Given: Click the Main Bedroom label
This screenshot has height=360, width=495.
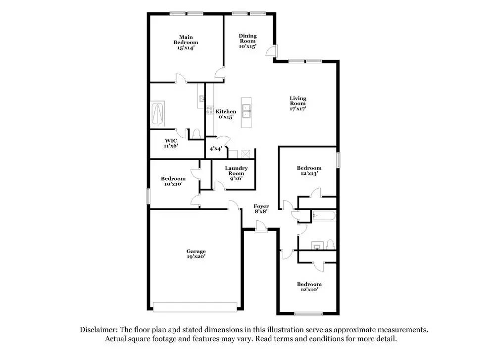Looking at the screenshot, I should point(186,42).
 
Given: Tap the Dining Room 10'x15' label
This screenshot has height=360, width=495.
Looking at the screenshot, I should point(247,41).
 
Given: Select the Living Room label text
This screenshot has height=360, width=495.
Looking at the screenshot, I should point(298,103).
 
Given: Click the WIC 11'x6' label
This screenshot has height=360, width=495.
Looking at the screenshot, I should point(171,142).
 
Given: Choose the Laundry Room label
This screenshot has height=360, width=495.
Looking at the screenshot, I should point(236,171).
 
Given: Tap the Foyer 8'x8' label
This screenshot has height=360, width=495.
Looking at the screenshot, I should point(261,208).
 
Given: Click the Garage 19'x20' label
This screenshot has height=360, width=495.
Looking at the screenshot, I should point(197,254).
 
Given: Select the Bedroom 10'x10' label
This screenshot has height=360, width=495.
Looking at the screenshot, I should point(173,181).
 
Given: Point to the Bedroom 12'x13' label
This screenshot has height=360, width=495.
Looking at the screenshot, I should point(309,170).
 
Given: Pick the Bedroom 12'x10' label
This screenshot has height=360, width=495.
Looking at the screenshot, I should point(309,287).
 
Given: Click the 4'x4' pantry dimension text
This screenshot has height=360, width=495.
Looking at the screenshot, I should point(215,149).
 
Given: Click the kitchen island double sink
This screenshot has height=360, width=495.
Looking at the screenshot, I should point(247,109).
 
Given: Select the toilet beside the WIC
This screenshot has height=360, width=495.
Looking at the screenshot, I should point(196,134).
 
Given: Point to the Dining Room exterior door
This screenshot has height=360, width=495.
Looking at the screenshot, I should point(271,51).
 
